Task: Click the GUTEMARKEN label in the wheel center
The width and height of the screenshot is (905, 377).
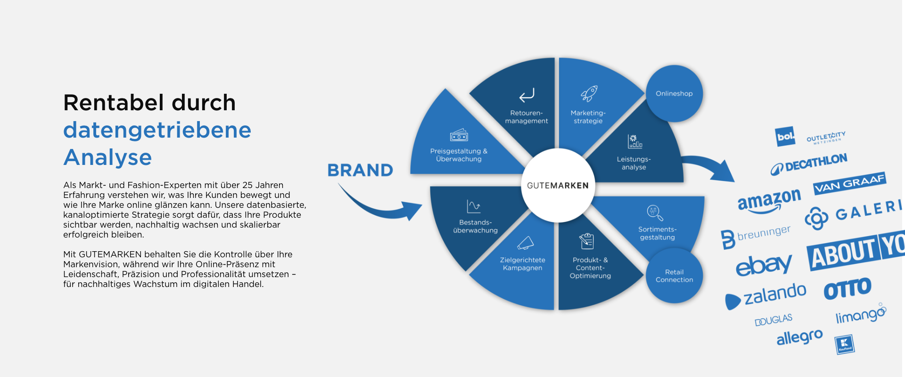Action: [x=558, y=186]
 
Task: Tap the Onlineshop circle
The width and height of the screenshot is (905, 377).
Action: [x=674, y=93]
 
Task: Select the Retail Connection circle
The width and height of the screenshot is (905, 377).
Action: [x=674, y=276]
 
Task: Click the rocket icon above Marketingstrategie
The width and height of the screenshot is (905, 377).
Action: [x=589, y=93]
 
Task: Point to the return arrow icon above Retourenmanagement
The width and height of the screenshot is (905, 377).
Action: [x=527, y=95]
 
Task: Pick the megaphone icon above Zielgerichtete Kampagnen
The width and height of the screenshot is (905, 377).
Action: [x=525, y=243]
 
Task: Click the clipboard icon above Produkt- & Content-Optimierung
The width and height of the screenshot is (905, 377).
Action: [x=587, y=241]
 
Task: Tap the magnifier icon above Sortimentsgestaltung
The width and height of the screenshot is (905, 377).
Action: [x=655, y=213]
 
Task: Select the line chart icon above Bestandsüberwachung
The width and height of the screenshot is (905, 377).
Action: [x=473, y=206]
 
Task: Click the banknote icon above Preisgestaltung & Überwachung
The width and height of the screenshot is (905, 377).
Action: [x=459, y=136]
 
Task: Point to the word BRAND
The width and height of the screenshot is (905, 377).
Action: [x=360, y=170]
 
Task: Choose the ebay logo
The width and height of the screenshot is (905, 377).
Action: [x=764, y=265]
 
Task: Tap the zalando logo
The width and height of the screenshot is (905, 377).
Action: [x=766, y=296]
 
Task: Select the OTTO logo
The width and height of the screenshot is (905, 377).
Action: [x=847, y=288]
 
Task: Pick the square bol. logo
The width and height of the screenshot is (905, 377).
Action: [x=785, y=137]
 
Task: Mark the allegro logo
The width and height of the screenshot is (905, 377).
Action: [x=799, y=337]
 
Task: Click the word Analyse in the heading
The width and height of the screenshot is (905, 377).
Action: [x=108, y=157]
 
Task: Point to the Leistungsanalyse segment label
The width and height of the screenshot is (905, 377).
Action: [x=633, y=163]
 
